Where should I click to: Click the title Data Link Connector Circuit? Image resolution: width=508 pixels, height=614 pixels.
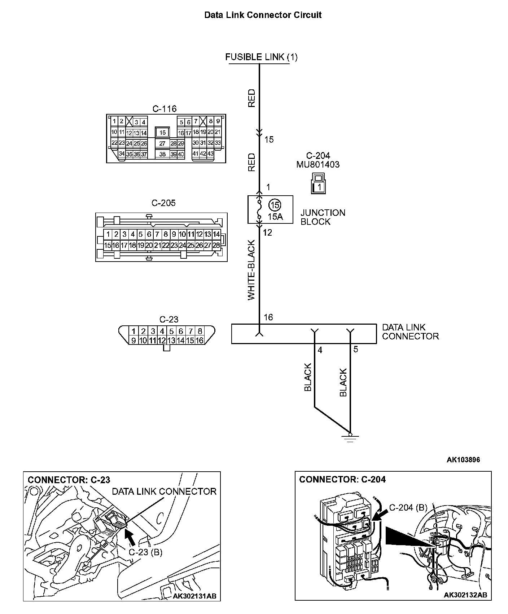(263, 15)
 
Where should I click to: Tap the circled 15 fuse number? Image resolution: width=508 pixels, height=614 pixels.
(275, 205)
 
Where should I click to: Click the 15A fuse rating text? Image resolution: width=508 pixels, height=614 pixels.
(275, 217)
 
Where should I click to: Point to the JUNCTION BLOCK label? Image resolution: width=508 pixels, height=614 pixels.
(323, 217)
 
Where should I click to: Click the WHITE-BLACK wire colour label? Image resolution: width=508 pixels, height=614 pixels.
(251, 270)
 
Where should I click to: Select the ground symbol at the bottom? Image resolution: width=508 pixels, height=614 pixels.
(350, 438)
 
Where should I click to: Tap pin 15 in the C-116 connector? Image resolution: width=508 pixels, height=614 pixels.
(163, 133)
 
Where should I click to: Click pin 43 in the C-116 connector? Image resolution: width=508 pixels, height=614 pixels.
(210, 153)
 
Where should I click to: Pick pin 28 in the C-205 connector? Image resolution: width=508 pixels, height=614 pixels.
(216, 245)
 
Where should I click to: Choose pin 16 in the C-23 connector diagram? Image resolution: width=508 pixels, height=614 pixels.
(200, 340)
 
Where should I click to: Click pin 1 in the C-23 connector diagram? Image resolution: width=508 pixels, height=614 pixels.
(133, 331)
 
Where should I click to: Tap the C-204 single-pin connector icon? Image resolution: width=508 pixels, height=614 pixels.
(318, 183)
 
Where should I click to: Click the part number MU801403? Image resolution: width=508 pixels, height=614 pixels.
(318, 165)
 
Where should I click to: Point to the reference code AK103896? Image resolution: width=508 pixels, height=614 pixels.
(463, 459)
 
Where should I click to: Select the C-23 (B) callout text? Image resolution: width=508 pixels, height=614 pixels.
(145, 552)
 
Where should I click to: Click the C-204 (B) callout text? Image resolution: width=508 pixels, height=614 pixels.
(408, 508)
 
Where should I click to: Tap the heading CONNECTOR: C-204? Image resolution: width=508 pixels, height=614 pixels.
(342, 480)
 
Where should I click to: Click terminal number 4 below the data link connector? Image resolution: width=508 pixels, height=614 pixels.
(320, 350)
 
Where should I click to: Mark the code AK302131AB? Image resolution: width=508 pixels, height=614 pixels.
(195, 596)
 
